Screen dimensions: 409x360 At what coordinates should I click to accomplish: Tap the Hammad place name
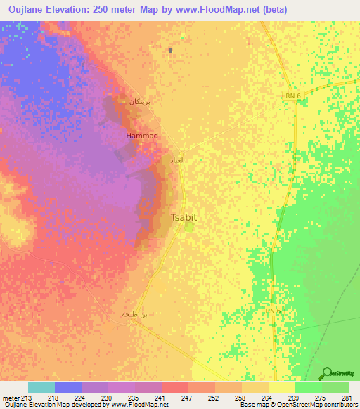(141, 135)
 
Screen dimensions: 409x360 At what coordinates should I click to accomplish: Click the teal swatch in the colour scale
(41, 387)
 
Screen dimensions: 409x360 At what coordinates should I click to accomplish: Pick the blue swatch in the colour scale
(67, 387)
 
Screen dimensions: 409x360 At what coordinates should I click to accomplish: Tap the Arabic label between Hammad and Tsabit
(176, 161)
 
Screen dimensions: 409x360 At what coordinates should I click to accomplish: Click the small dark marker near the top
(171, 50)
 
